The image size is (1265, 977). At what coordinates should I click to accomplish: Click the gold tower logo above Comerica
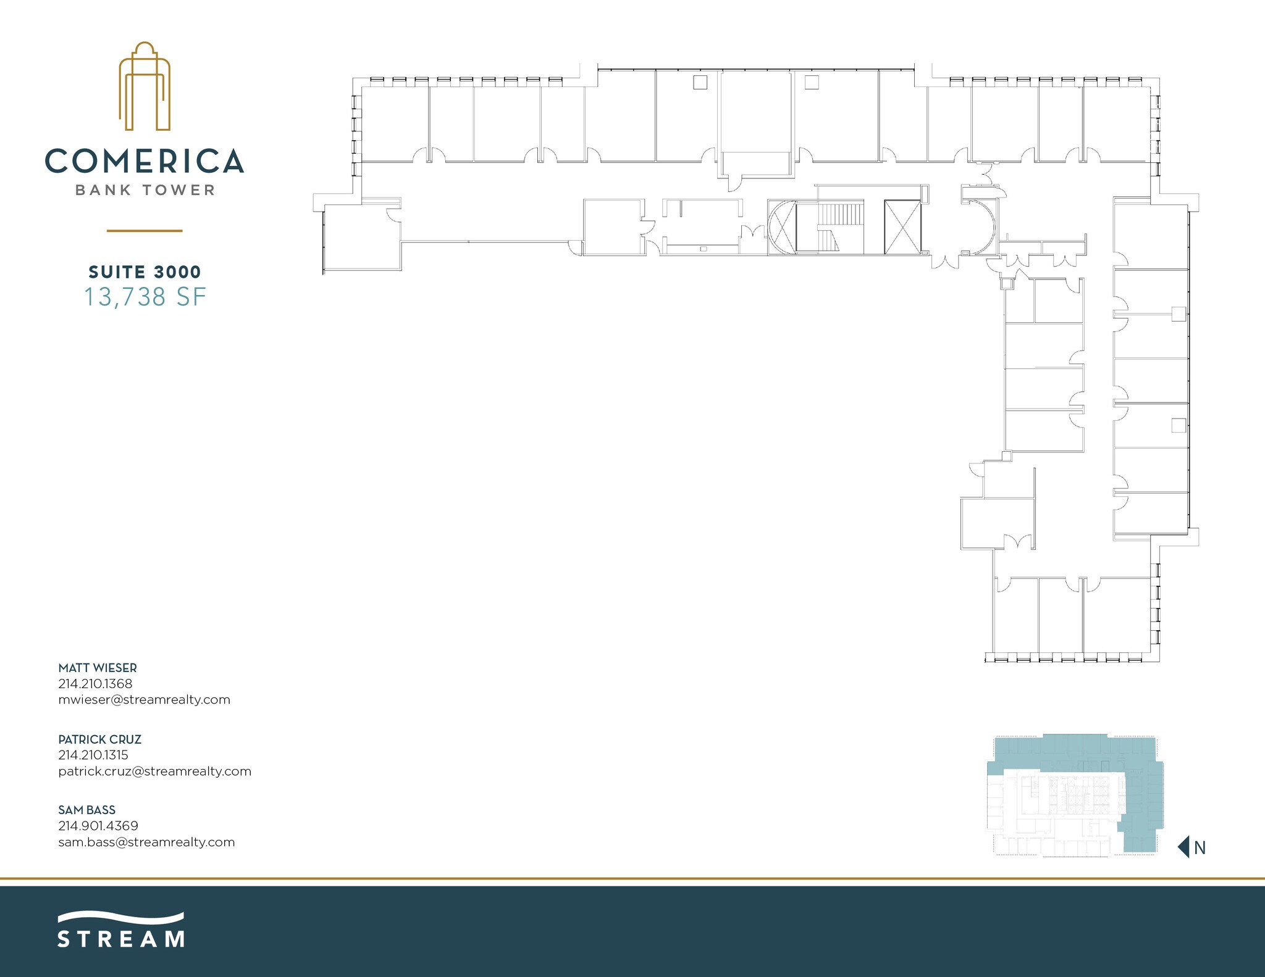[x=145, y=86]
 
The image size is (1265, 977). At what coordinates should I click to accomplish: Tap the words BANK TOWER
[x=145, y=190]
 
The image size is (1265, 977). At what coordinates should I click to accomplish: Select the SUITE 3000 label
[x=145, y=272]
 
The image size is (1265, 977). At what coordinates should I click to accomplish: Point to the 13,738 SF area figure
[x=145, y=297]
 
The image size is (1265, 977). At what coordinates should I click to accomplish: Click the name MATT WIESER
[x=98, y=668]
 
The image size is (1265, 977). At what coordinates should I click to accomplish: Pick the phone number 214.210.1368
[x=95, y=684]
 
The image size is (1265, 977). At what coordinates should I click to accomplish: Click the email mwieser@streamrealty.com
[x=144, y=700]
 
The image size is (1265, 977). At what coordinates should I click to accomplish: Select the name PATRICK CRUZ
[x=100, y=739]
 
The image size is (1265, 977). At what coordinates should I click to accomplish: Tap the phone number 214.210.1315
[x=93, y=755]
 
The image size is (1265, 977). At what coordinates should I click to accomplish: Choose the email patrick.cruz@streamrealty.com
[x=154, y=771]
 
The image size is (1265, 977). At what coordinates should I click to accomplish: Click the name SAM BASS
[x=87, y=810]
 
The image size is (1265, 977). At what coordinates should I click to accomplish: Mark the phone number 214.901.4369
[x=98, y=826]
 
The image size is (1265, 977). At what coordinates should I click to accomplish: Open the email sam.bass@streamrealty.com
[x=146, y=842]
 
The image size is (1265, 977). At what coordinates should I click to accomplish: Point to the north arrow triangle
[x=1184, y=847]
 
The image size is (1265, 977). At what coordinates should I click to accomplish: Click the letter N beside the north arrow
[x=1200, y=848]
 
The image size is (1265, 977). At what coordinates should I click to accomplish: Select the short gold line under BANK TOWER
[x=145, y=231]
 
